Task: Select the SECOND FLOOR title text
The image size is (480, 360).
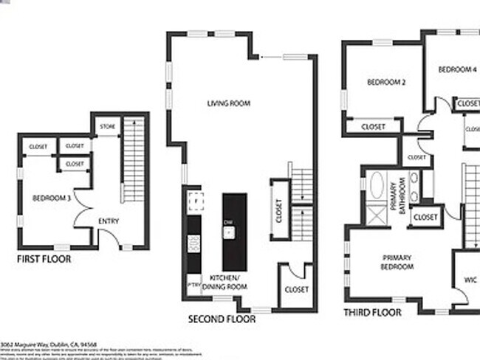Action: click(x=222, y=319)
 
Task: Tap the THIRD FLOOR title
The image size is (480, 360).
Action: click(x=372, y=313)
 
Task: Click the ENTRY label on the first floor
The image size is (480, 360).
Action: click(x=109, y=221)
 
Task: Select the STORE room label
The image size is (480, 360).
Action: click(x=108, y=126)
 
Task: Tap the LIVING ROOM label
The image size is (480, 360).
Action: click(x=228, y=103)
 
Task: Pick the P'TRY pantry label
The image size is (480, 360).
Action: click(x=193, y=284)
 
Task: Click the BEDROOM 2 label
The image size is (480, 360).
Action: click(x=387, y=82)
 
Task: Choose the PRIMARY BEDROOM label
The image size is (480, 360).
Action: click(x=397, y=262)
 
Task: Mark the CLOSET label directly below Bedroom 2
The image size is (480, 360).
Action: click(x=374, y=127)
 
